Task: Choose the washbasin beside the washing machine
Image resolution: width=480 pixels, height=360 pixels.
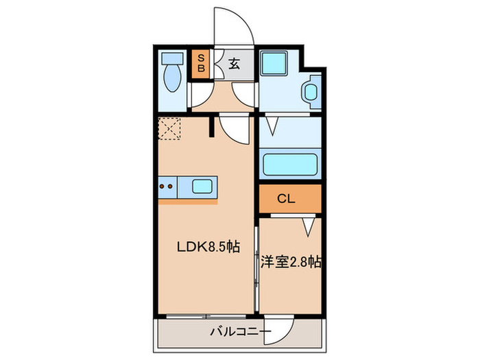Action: (309, 92)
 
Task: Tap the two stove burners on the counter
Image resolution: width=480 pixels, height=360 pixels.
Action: (166, 185)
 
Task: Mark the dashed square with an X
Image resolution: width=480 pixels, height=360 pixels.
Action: (169, 128)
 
